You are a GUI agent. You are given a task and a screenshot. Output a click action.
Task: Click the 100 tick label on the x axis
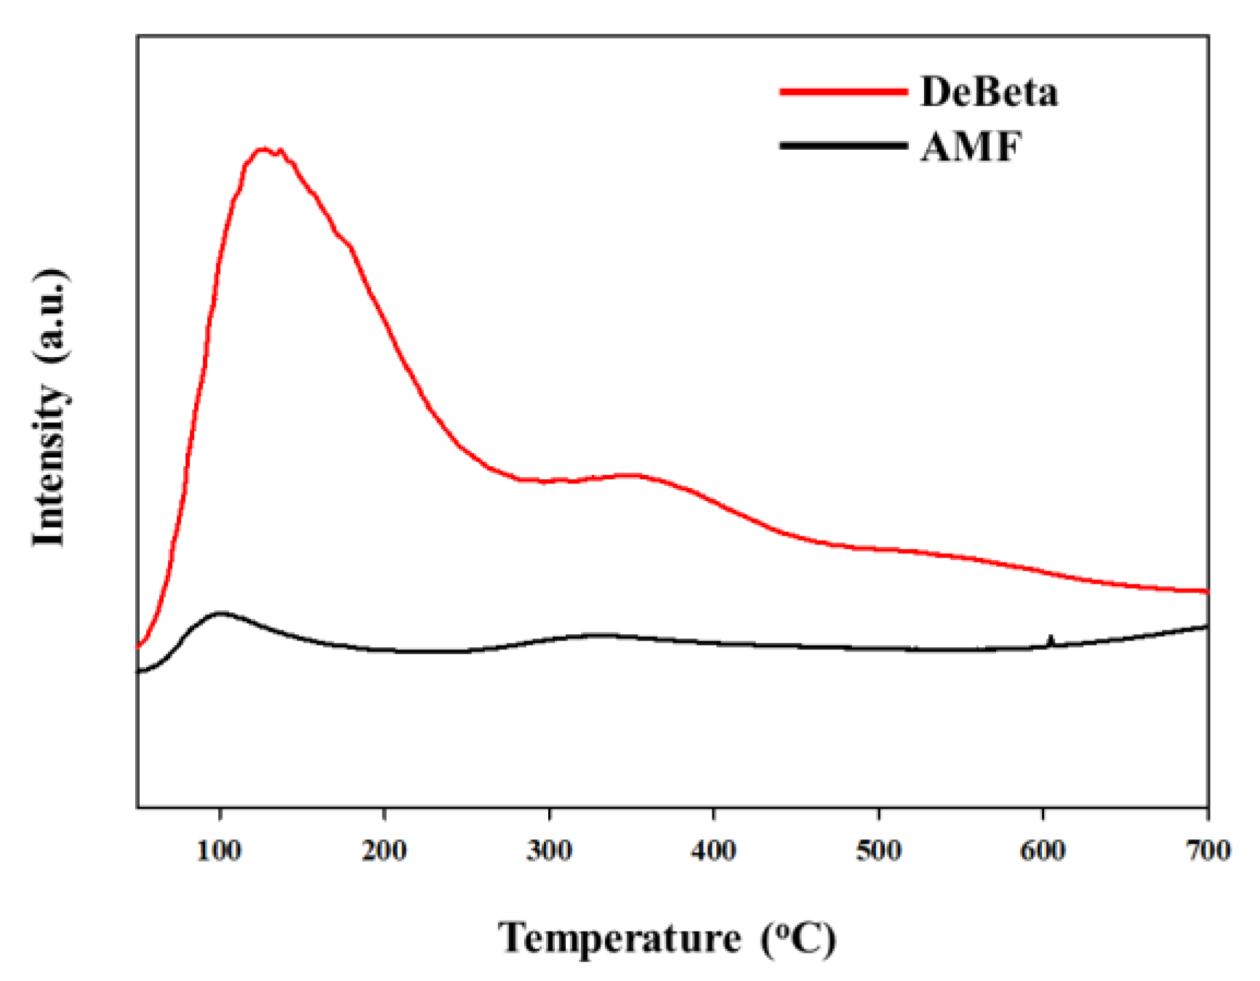click(x=219, y=850)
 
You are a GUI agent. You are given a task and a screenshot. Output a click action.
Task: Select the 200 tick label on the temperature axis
click(x=384, y=850)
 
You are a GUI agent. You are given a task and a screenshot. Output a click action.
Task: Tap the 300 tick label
click(x=549, y=850)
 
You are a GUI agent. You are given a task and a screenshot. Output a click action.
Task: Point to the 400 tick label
click(x=713, y=850)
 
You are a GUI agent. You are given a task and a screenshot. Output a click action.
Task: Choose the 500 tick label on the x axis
click(x=878, y=850)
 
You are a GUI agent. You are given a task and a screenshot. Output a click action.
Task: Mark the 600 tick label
click(x=1043, y=850)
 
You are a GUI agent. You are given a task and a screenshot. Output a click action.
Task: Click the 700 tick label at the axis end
click(x=1208, y=850)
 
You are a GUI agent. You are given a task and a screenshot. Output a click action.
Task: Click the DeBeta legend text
click(x=989, y=92)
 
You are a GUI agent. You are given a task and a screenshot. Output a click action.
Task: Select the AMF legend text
click(x=971, y=146)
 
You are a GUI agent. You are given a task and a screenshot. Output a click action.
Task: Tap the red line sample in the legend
click(x=843, y=92)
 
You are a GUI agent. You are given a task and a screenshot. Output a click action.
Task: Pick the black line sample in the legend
click(x=843, y=145)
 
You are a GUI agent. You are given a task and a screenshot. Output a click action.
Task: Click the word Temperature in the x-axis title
click(x=619, y=938)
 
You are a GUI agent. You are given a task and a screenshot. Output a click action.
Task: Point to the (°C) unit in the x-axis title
click(x=799, y=938)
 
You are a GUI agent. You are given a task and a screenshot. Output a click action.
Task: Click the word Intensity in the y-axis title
click(x=49, y=465)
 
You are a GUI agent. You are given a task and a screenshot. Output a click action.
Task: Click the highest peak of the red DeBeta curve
click(x=263, y=149)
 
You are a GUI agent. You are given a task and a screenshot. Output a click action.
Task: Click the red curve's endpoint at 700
click(x=1207, y=591)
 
